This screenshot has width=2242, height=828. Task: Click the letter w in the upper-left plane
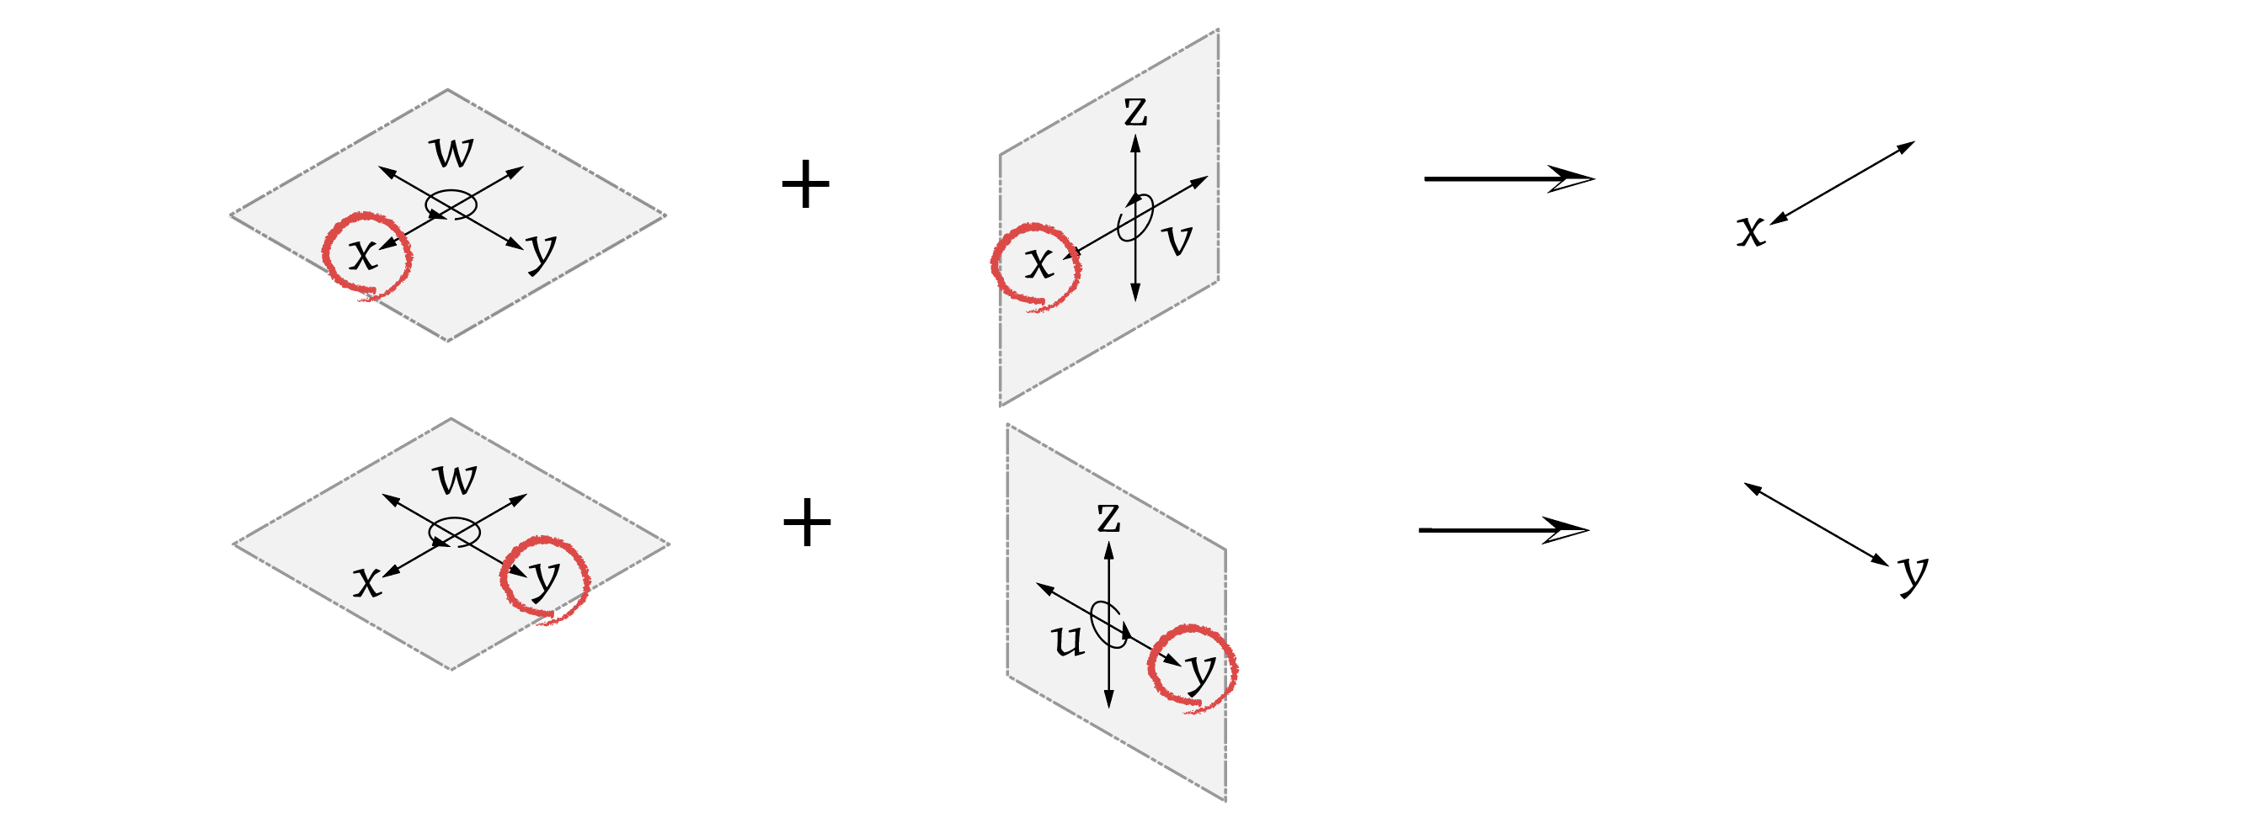coord(452,151)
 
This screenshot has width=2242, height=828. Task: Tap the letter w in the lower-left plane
coord(456,480)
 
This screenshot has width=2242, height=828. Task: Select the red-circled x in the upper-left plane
coord(363,255)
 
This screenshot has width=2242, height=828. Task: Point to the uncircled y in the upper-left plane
coord(542,252)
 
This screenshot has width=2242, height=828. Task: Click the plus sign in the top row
coord(805,184)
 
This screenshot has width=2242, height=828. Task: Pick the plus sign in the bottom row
coord(807,523)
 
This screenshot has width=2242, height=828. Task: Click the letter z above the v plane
coord(1135,111)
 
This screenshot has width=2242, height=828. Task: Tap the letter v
coord(1177,239)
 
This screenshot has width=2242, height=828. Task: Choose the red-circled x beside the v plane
coord(1038,263)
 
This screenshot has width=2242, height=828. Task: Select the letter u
coord(1067,641)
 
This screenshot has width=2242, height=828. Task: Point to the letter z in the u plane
coord(1108,517)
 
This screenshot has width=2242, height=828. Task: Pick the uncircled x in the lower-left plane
coord(367,581)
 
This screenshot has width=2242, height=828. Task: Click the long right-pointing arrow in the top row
coord(1508,179)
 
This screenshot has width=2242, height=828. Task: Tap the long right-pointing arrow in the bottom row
coord(1503,529)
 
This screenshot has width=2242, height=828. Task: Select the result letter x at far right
coord(1750,231)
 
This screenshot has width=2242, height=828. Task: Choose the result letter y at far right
coord(1913,574)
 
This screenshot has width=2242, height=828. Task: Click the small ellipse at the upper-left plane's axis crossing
coord(451,204)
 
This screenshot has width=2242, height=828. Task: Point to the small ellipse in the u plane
coord(1108,624)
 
